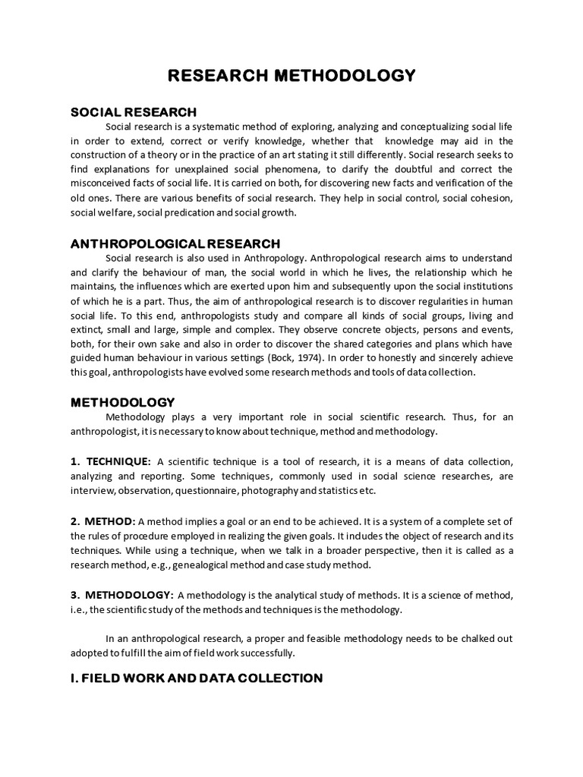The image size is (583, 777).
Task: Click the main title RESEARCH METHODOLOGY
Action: (x=291, y=76)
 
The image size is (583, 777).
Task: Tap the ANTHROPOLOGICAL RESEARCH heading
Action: (x=175, y=244)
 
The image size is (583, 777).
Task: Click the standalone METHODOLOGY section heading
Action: (x=123, y=402)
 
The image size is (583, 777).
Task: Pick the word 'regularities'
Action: (x=393, y=300)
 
